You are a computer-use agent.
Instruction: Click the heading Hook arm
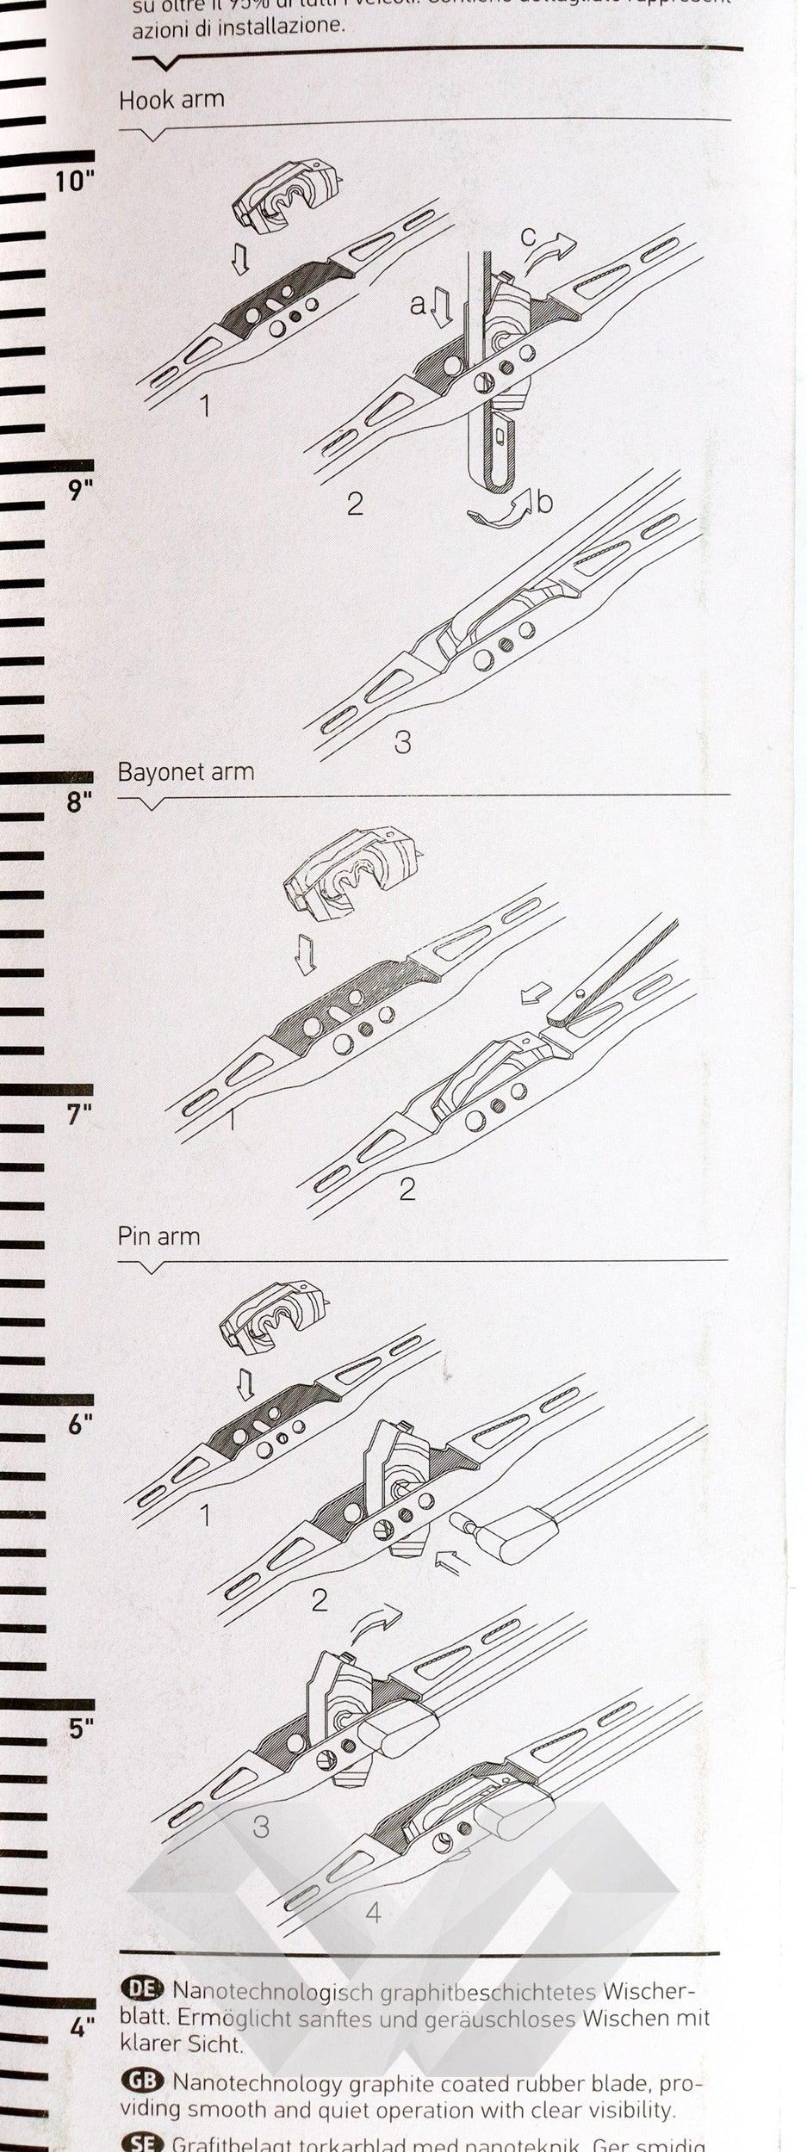tap(171, 100)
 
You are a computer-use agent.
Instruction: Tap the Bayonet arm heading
tap(186, 771)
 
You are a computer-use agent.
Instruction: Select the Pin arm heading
tap(158, 1236)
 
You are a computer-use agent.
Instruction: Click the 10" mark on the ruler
tap(74, 182)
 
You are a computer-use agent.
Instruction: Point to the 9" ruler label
tap(79, 491)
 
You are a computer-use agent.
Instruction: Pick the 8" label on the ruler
tap(78, 802)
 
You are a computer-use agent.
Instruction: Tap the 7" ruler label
tap(79, 1115)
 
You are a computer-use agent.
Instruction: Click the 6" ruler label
tap(79, 1425)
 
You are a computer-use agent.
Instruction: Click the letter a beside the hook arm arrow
tap(418, 304)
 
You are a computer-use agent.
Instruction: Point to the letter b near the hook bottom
tap(544, 501)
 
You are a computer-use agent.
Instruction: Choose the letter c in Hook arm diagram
tap(529, 235)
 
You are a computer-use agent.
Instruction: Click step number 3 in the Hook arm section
tap(402, 741)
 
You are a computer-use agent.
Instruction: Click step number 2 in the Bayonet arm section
tap(407, 1189)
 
